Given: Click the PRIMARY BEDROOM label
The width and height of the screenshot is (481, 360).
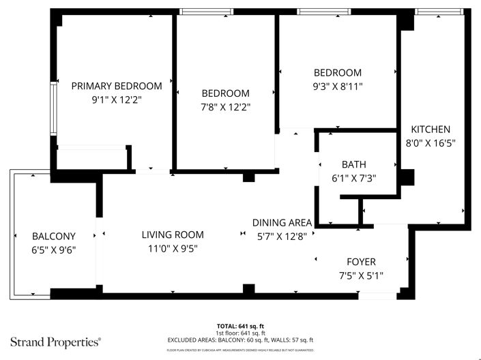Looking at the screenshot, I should coord(117,86).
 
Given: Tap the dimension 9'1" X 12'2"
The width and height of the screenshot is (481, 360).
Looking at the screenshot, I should coord(117,100).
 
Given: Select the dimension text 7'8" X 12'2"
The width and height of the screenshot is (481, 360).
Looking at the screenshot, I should coord(225,107).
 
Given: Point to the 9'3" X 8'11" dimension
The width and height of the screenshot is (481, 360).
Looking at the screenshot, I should coord(337,87).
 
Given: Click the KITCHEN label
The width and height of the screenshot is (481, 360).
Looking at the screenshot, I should coord(430,130).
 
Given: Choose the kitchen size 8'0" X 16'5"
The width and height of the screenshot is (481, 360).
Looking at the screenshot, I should coord(430,143).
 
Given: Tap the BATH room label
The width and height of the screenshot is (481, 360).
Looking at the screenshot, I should coord(353,164).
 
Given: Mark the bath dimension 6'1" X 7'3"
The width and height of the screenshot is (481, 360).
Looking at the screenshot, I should coord(353,178).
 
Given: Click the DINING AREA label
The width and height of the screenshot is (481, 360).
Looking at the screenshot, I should coord(282,222).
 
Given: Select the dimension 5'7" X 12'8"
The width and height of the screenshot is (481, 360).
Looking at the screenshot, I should coord(282,236).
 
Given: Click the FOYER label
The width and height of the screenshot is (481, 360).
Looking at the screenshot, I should coord(361,262).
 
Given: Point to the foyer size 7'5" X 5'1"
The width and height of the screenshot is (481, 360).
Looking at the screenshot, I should coord(361,275).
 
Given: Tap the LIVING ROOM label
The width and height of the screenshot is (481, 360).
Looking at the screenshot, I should coord(173,235).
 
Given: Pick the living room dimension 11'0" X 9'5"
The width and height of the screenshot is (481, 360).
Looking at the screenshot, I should coord(173,248).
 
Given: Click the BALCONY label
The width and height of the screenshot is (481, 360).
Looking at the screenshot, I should coord(54,237).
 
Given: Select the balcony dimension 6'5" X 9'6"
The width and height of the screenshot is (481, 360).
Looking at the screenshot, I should coord(54,250).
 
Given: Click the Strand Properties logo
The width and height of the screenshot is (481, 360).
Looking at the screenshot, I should coord(55,340).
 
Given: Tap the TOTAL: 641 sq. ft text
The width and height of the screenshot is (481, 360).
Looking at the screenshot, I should coord(240,326).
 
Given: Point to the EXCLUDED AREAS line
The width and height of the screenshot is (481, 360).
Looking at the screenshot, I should coord(240,340).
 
